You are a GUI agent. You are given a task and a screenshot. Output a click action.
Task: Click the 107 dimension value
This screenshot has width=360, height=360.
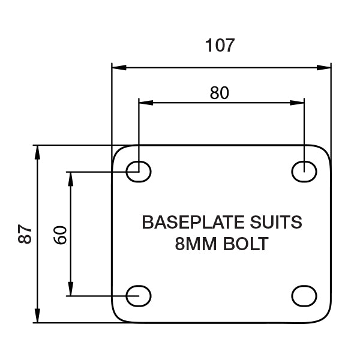coord(220,45)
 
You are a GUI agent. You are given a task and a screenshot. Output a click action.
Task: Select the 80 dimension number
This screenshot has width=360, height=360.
coord(220,93)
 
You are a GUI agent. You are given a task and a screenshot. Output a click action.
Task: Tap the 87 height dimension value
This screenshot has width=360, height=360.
coord(25,234)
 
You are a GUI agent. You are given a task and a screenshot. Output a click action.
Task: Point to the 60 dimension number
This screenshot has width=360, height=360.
coord(60,235)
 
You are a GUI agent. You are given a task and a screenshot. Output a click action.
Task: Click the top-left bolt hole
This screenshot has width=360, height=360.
coord(139,172)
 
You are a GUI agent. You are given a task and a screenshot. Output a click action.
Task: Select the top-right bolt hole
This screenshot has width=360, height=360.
coord(304,172)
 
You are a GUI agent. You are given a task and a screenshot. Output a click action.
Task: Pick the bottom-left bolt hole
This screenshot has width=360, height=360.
coord(139,296)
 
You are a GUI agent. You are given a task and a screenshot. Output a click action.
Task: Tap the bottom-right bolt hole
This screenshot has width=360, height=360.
coord(304,296)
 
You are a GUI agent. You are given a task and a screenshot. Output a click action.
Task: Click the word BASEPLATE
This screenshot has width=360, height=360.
coord(193,222)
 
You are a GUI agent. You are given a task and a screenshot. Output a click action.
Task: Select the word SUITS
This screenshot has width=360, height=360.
coord(276,222)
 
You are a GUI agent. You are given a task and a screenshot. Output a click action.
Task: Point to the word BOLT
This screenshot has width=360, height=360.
coord(245,244)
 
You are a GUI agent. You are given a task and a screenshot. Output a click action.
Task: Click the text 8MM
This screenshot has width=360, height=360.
coord(196,244)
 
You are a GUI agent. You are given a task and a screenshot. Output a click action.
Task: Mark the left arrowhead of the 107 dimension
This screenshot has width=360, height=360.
coord(119,67)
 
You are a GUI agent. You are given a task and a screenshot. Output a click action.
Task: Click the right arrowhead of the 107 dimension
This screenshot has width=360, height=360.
coord(324,67)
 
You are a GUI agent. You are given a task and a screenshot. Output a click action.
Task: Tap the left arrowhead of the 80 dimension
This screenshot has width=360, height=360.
coord(146,103)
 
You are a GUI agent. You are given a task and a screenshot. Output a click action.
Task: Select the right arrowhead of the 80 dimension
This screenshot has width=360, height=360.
coord(297,103)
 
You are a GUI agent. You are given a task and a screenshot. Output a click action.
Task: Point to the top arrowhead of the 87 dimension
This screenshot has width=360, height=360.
coord(37,152)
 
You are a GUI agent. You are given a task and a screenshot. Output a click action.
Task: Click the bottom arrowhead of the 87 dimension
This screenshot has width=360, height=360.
coord(37,316)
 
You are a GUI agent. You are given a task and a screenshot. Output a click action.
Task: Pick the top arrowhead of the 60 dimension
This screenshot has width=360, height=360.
coord(70,179)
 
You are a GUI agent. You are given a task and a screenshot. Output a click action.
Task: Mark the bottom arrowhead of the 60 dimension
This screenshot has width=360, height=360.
coord(70,289)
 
